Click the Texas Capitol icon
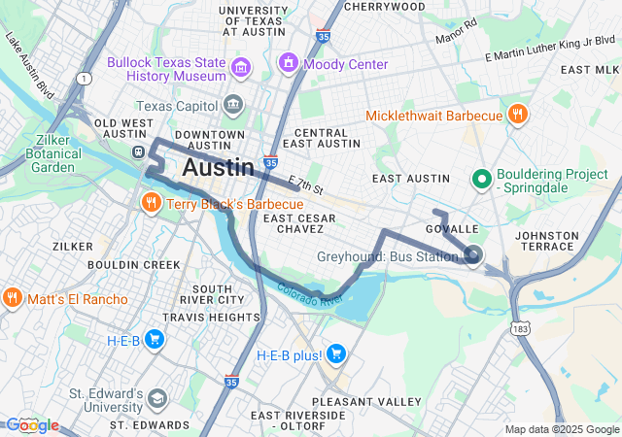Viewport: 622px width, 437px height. tap(233, 105)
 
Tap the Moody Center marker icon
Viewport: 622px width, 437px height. tap(288, 64)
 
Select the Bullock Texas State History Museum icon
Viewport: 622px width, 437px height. tap(241, 69)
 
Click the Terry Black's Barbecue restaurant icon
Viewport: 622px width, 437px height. tap(151, 204)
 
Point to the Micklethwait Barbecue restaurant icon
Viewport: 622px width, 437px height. tap(518, 116)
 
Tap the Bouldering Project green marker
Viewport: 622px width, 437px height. tap(480, 179)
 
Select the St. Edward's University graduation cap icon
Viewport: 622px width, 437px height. tap(156, 400)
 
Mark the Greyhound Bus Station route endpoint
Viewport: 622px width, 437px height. tap(473, 255)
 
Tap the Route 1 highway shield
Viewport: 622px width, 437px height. tap(85, 78)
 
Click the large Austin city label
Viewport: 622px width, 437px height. tap(219, 167)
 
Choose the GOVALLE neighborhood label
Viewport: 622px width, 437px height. tap(453, 229)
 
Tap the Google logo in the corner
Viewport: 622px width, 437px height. tap(31, 424)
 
